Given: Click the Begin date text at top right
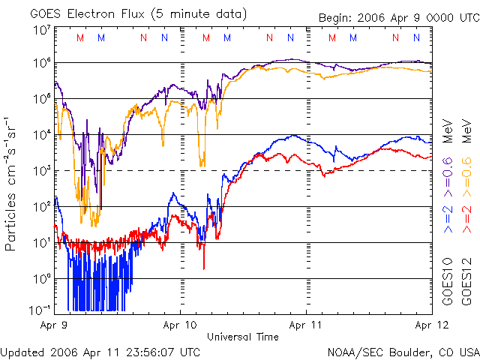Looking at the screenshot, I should [x=397, y=17].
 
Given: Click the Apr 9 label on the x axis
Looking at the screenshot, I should [x=53, y=326].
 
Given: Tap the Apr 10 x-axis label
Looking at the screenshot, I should [x=180, y=326].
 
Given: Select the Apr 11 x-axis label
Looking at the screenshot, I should [x=307, y=326].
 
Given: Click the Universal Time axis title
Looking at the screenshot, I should [x=243, y=337].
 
